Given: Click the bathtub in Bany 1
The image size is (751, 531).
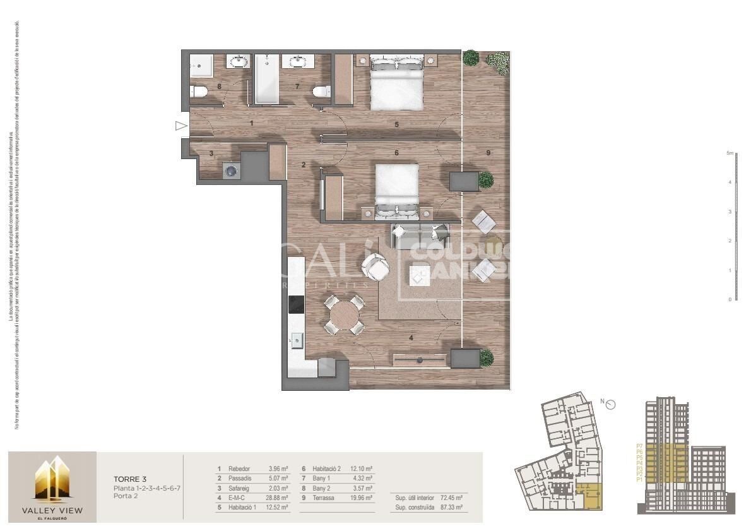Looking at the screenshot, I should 266,80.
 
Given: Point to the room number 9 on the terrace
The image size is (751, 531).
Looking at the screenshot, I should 488,152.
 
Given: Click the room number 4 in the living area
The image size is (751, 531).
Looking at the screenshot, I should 411,338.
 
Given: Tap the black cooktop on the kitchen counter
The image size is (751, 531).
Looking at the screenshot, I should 296,304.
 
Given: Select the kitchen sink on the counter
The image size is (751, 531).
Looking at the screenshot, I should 295,340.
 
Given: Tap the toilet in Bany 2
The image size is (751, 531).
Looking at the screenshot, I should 199,92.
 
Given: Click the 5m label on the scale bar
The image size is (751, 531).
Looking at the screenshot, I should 730,153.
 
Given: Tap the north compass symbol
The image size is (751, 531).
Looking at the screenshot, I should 610,405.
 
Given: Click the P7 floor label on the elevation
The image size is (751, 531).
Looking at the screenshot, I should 639,446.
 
